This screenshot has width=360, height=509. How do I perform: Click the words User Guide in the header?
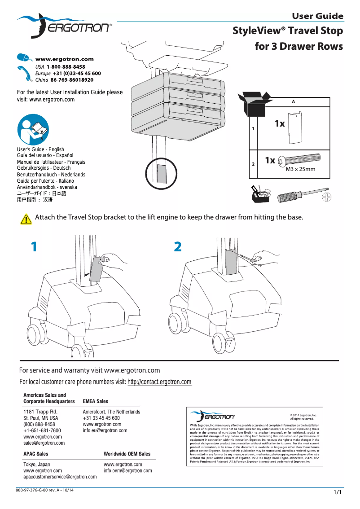317,16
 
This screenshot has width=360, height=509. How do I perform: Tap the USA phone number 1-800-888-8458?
66,66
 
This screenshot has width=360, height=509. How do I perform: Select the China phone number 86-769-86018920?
69,80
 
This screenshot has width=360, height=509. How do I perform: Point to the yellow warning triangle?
26,219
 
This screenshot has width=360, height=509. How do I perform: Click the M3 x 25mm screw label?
300,170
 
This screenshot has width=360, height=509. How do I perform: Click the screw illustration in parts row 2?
299,160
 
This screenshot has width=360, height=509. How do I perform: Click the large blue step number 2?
178,246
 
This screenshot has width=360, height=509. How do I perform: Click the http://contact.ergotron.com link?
159,382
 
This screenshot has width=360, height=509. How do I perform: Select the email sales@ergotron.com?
44,443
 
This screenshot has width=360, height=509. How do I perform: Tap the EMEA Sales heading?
96,401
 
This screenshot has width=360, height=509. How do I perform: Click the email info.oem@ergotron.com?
128,471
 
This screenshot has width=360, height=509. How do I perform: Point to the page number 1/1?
338,492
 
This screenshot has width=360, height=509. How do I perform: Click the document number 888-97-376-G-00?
34,490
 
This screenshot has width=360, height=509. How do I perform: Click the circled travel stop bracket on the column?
161,173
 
